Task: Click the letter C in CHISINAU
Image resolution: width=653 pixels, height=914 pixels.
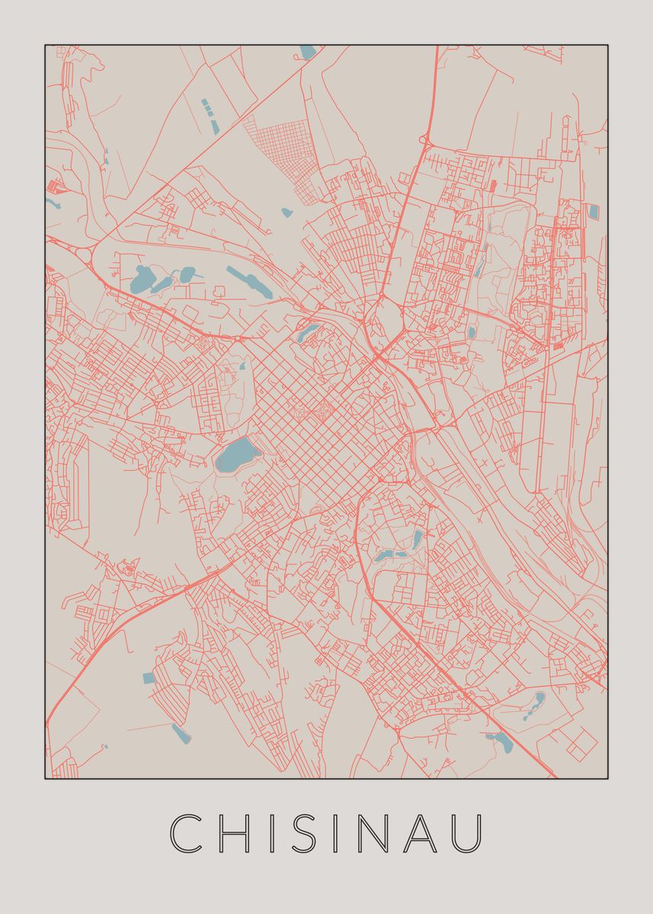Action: (x=186, y=833)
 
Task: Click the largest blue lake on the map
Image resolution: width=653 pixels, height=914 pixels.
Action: (x=236, y=455)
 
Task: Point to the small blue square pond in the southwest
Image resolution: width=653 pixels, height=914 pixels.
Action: (x=149, y=677)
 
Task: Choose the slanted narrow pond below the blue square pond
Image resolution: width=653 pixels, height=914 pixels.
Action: (x=181, y=733)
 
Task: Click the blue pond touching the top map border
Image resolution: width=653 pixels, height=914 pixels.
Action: (x=308, y=53)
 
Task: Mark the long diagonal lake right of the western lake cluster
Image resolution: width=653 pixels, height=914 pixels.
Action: (x=250, y=282)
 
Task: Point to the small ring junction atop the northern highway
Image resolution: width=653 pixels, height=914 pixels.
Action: (x=424, y=140)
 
